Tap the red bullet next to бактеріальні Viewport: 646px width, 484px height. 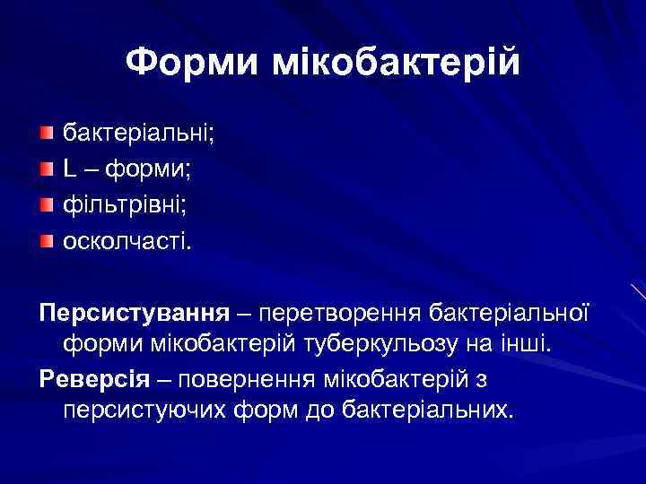click(47, 134)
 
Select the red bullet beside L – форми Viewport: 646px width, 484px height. click(47, 169)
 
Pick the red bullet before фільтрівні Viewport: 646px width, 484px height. click(47, 204)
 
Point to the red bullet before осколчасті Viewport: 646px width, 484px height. click(47, 239)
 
